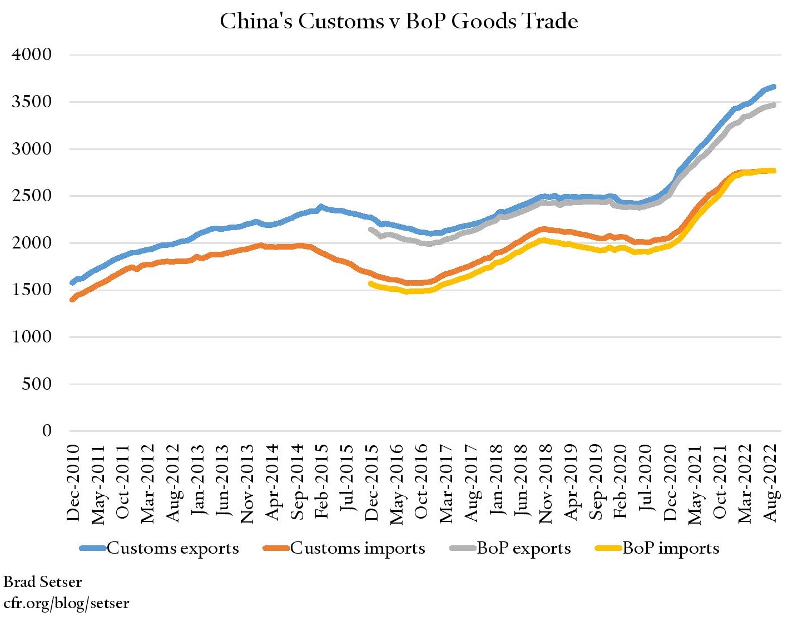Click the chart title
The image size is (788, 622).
pos(399,22)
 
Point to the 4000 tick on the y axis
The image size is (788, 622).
pos(32,54)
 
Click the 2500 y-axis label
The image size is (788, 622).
pos(32,196)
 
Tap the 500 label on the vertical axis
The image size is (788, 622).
pos(37,384)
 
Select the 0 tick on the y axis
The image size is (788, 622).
pos(47,430)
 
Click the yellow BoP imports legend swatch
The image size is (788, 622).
pos(608,548)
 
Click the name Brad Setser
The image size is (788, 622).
pos(42,582)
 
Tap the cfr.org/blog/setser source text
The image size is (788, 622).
pos(66,603)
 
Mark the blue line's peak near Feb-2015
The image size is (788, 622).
pos(321,206)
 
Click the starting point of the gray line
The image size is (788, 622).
pos(370,229)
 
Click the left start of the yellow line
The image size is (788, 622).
pos(370,283)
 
